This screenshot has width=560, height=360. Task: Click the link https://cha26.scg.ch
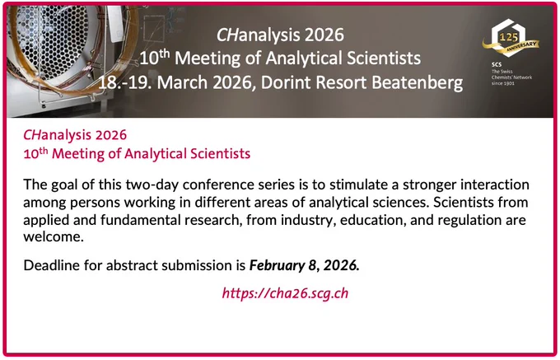[285, 293]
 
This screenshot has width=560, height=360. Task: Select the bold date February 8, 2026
[304, 265]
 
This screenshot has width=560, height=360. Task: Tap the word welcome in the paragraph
[54, 236]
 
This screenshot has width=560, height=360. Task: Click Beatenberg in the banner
[418, 82]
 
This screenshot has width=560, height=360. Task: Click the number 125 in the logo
[509, 37]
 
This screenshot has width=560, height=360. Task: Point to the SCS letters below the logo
[497, 64]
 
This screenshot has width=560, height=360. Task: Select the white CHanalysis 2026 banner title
[280, 35]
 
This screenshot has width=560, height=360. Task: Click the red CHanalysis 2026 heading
[75, 135]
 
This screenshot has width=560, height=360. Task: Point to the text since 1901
[503, 83]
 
